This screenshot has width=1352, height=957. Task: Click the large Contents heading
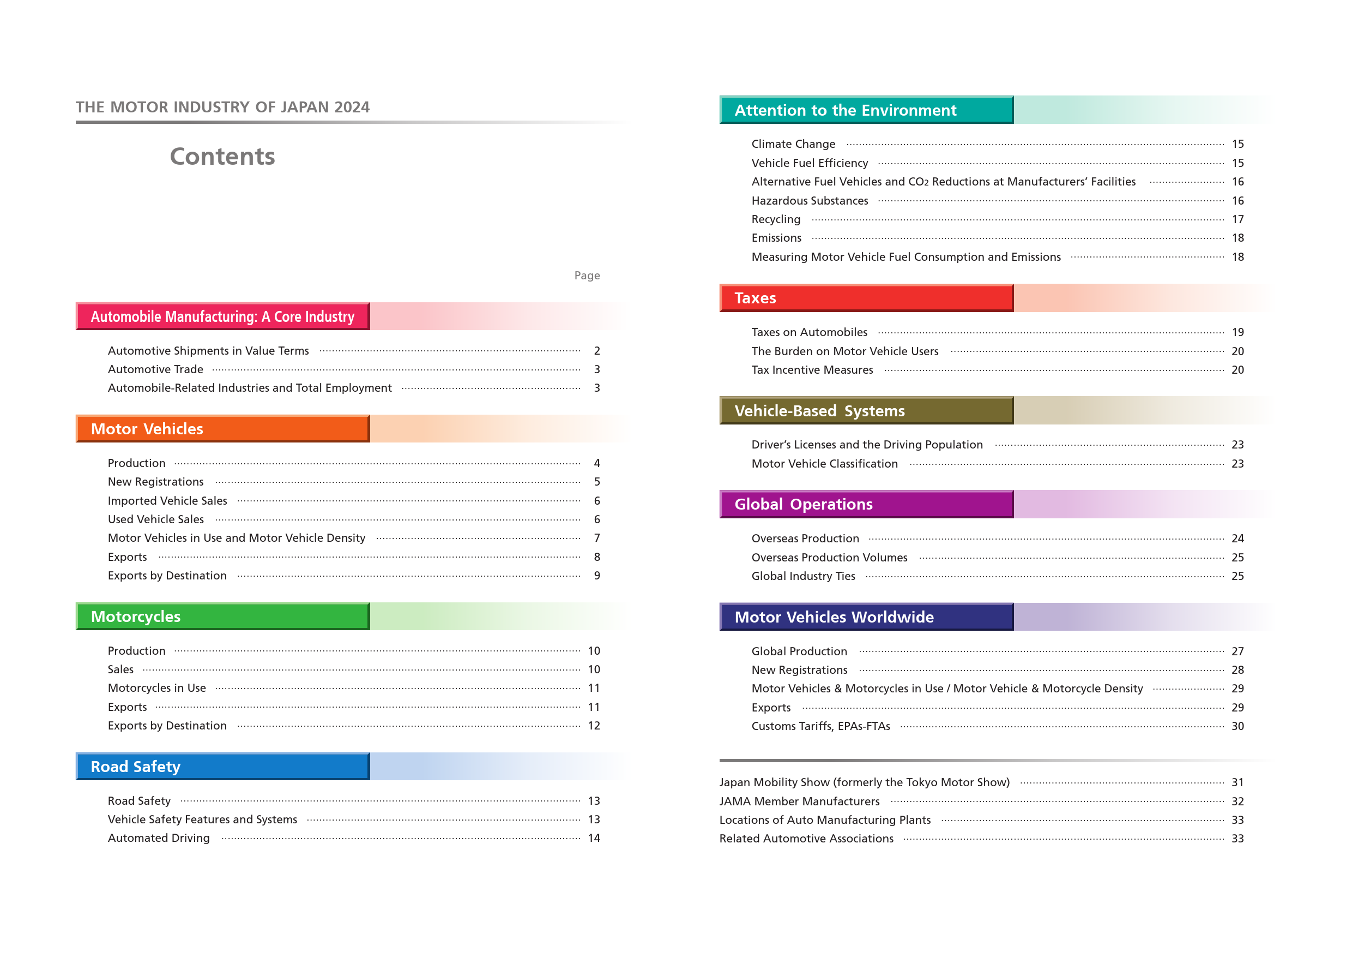click(222, 156)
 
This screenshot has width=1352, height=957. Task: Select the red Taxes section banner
click(866, 298)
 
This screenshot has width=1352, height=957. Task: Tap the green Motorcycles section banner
click(222, 617)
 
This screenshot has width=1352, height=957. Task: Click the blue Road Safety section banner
click(222, 766)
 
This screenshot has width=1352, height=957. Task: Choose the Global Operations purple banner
click(866, 505)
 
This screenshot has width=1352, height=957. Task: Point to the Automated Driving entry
click(159, 838)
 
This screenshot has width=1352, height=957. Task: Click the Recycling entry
click(776, 219)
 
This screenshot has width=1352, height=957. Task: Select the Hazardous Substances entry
click(810, 200)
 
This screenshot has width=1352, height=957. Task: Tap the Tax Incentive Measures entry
click(812, 369)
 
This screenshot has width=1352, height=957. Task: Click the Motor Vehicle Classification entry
click(824, 464)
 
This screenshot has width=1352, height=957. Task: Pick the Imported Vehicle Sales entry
click(167, 501)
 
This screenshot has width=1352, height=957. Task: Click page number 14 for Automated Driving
click(594, 838)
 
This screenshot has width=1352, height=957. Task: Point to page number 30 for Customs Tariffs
click(1238, 726)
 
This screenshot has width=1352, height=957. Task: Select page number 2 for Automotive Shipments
click(597, 351)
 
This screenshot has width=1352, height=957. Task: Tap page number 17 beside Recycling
click(1238, 219)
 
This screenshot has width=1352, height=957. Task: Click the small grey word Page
click(587, 275)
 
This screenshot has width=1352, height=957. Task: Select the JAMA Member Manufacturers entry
click(800, 802)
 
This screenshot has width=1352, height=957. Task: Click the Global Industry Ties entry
click(803, 576)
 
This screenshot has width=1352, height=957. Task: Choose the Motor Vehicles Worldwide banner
click(866, 617)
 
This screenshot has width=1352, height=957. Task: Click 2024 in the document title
click(352, 107)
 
